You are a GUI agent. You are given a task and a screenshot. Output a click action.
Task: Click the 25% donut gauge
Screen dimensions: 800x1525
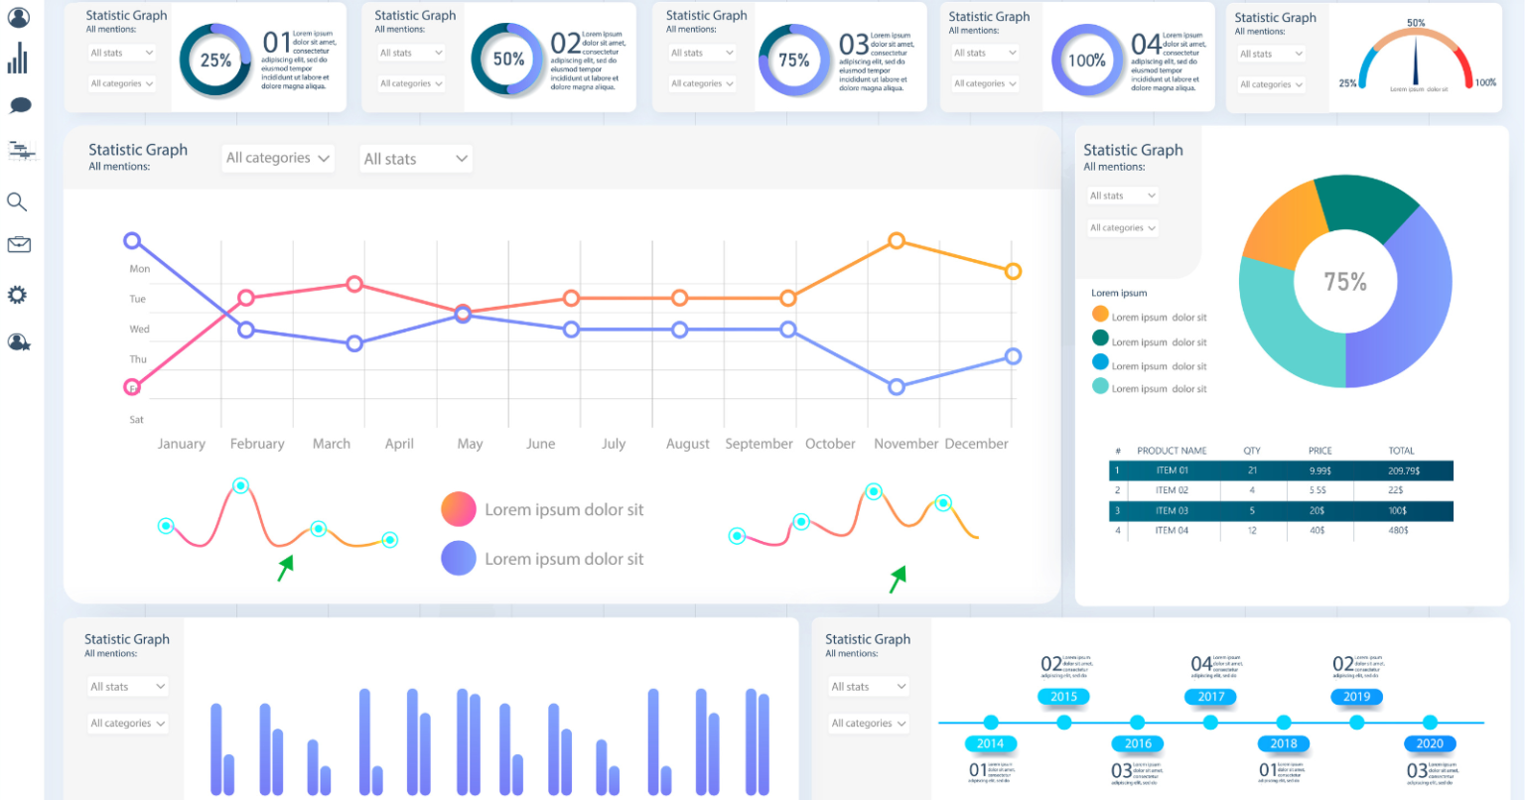click(215, 61)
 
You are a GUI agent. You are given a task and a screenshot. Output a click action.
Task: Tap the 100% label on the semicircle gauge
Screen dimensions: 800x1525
click(1485, 82)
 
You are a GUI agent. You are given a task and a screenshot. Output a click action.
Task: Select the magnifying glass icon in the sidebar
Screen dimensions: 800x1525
click(17, 202)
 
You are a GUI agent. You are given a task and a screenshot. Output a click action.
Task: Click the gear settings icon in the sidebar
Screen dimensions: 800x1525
click(17, 295)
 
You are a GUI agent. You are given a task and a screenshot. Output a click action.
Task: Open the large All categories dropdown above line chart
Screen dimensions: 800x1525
click(278, 158)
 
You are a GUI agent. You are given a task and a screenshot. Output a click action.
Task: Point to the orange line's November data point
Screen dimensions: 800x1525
click(897, 240)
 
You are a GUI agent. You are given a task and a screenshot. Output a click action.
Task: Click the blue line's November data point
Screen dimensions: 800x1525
click(897, 387)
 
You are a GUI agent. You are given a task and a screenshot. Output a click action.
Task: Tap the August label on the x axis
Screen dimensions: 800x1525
click(687, 444)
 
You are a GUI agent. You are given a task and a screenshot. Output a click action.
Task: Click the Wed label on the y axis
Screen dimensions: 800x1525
click(139, 329)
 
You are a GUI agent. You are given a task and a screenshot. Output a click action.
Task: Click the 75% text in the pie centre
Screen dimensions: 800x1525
click(1345, 282)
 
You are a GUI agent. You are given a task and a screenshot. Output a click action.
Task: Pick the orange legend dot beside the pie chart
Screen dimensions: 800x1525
click(1100, 314)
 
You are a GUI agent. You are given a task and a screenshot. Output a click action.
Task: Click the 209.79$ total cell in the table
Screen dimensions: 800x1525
click(1403, 470)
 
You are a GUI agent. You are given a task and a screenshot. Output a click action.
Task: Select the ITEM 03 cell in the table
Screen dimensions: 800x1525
click(1172, 510)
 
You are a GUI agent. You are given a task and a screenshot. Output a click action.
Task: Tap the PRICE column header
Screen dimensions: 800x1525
click(1319, 451)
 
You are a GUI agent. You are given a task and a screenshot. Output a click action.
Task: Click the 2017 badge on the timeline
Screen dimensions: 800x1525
click(1211, 697)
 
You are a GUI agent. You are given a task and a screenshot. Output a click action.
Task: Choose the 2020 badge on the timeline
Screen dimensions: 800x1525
click(1430, 743)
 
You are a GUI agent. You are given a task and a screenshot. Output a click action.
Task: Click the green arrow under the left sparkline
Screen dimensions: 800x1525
click(286, 567)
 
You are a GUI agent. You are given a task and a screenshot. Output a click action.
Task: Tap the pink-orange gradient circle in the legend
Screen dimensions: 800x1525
click(459, 509)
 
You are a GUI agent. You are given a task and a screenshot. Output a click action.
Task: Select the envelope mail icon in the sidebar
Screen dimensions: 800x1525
click(18, 245)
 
